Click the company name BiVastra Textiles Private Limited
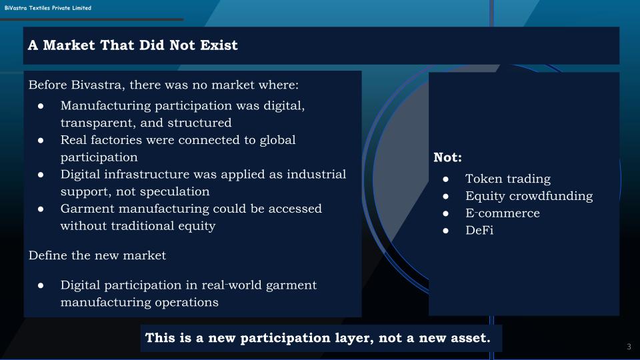[48, 8]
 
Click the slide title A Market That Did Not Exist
[133, 45]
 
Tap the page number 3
[629, 347]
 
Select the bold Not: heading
[447, 157]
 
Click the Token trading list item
[508, 179]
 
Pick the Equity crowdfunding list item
[529, 196]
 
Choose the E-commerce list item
[503, 213]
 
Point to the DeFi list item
[479, 230]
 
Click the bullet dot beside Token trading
[446, 179]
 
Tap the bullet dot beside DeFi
[446, 231]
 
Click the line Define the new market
[97, 255]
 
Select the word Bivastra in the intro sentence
[96, 85]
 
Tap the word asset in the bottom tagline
[470, 338]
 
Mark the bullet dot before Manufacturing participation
[41, 106]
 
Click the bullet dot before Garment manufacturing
[41, 209]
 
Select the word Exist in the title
[219, 45]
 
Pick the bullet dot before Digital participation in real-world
[41, 285]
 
